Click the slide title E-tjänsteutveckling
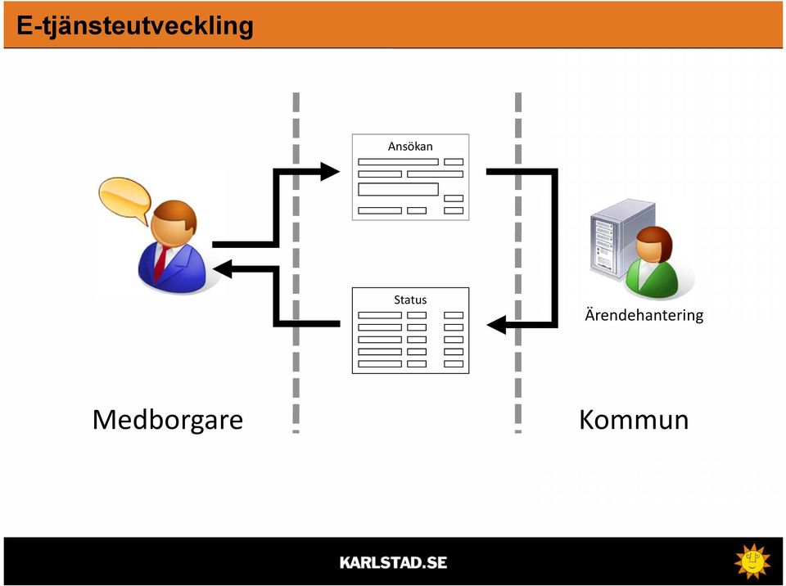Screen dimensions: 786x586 click(135, 26)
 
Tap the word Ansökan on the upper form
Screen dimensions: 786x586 click(410, 146)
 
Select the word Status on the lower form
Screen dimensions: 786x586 click(410, 300)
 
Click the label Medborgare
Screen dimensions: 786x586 click(168, 421)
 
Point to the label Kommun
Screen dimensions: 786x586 click(634, 420)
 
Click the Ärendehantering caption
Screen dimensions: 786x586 click(644, 315)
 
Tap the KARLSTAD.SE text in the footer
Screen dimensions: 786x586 click(393, 562)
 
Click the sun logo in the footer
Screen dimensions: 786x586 click(752, 561)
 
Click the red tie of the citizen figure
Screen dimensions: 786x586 click(161, 264)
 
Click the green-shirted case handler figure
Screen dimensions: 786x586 click(651, 264)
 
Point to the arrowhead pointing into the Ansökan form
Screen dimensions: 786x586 click(330, 171)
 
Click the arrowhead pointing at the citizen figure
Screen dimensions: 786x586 click(223, 268)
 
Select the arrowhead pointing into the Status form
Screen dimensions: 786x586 click(496, 325)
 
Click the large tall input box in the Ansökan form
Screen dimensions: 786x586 click(398, 189)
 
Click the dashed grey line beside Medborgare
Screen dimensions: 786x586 click(296, 262)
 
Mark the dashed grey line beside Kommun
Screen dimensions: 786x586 click(517, 262)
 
